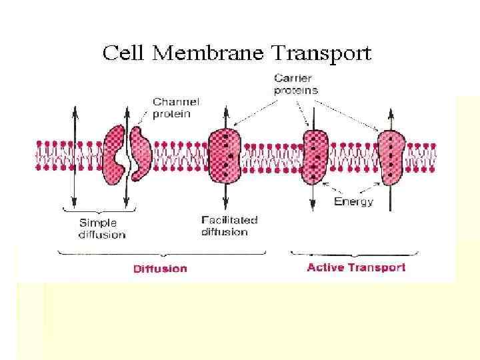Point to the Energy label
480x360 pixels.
pyautogui.click(x=353, y=201)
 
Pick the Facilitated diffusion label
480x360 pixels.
pyautogui.click(x=229, y=225)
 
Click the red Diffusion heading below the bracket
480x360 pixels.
pyautogui.click(x=160, y=269)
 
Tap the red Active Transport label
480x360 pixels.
pyautogui.click(x=355, y=268)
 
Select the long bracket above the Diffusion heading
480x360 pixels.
pyautogui.click(x=163, y=253)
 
